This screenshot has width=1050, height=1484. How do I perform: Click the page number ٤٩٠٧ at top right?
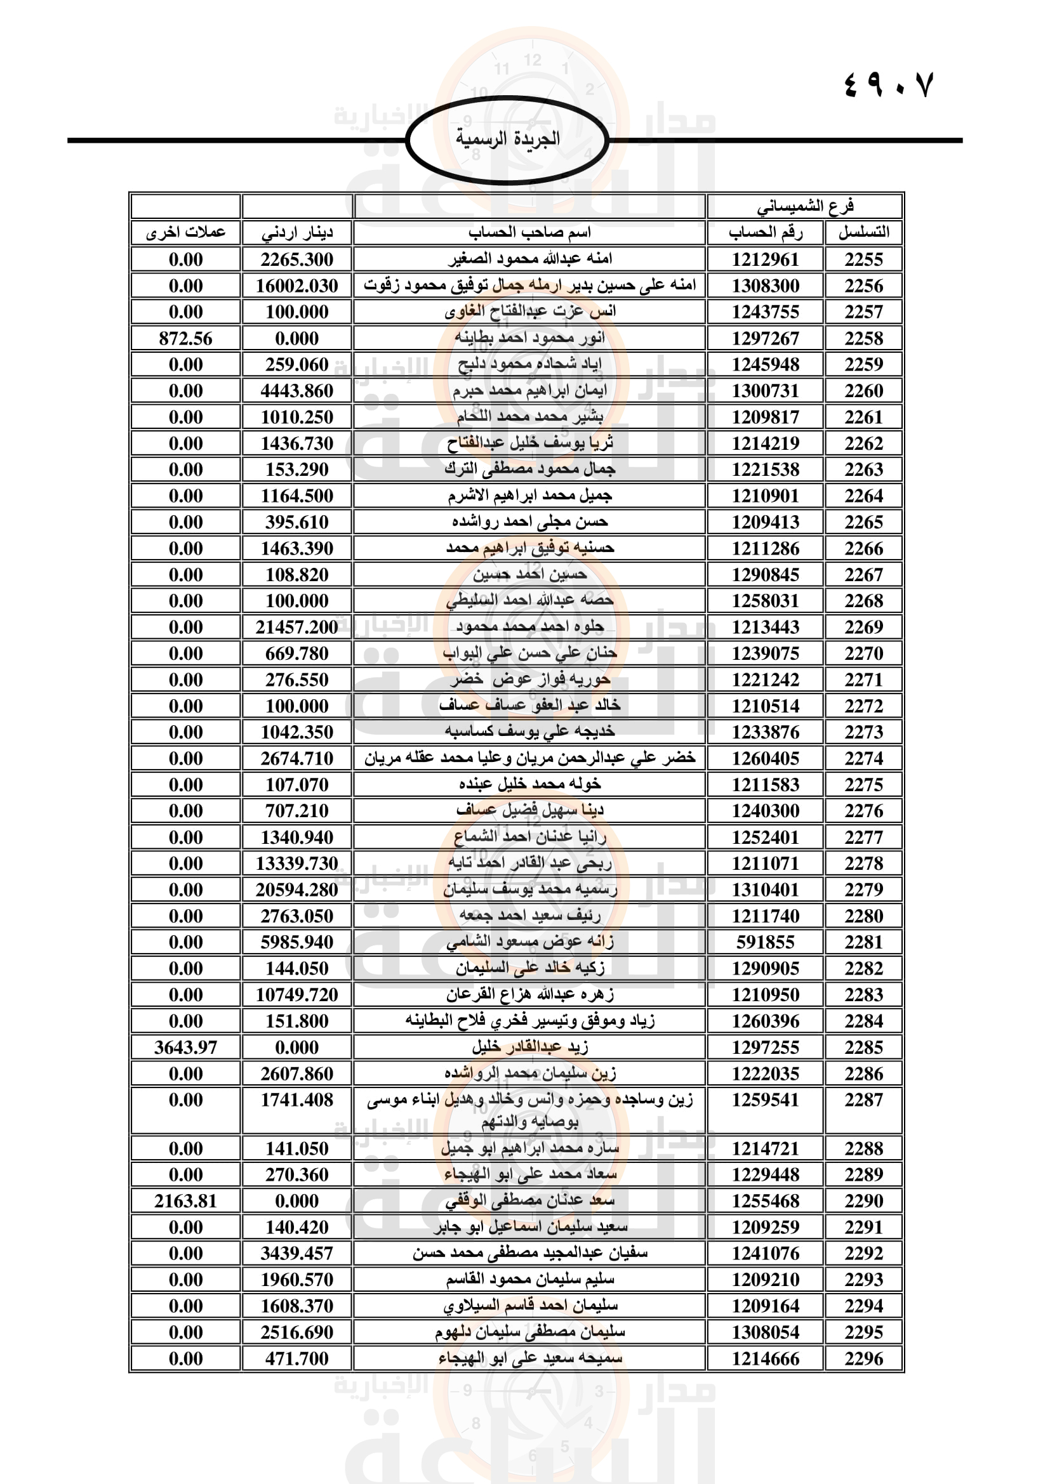[889, 85]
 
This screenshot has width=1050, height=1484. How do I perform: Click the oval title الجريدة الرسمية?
[508, 139]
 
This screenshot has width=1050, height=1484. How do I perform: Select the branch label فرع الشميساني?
[805, 206]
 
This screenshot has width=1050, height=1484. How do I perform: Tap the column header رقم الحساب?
[766, 232]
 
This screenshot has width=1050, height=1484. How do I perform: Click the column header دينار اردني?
[296, 233]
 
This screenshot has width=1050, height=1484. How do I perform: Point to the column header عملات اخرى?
[185, 232]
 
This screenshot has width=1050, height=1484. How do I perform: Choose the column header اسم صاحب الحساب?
[529, 232]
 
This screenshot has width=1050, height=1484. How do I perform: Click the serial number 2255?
[863, 259]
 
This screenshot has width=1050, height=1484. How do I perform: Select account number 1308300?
[766, 286]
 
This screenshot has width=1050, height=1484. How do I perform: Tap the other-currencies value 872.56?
[185, 338]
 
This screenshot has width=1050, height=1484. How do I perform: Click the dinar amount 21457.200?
[296, 627]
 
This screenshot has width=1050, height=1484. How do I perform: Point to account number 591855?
[766, 942]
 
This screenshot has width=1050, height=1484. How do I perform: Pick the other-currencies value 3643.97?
[185, 1047]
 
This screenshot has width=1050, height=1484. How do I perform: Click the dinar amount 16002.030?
[296, 286]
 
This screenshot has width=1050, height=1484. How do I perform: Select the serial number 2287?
[863, 1100]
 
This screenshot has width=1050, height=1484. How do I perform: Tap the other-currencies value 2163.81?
[185, 1201]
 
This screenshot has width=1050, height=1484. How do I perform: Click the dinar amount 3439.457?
[296, 1253]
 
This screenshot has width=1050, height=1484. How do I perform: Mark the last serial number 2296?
[863, 1358]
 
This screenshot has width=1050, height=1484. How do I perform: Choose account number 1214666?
[766, 1358]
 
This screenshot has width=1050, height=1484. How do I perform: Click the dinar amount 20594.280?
[296, 890]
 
